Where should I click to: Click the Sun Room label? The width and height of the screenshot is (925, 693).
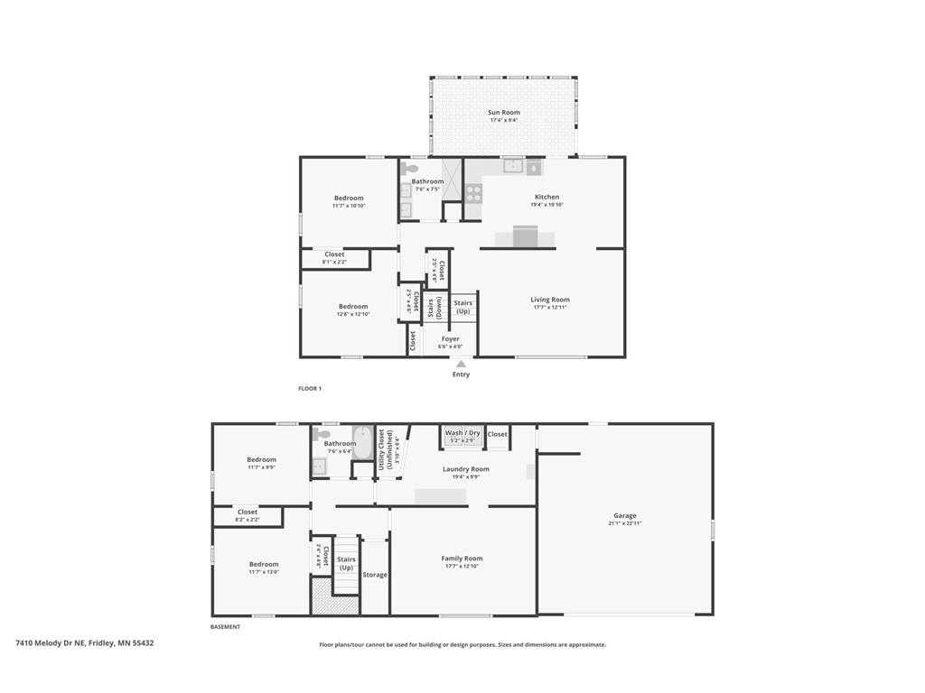[x=504, y=113]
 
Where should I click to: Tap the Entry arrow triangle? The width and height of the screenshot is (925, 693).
[x=461, y=364]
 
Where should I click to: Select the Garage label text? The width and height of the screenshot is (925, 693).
[x=624, y=516]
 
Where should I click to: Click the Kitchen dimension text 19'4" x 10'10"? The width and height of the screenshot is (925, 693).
[x=547, y=205]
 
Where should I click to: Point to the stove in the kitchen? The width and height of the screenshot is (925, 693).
[x=473, y=192]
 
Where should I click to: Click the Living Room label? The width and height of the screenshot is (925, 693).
[x=549, y=300]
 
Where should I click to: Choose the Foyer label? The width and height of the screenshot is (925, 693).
[x=450, y=339]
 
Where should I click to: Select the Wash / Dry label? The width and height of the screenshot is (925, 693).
[x=462, y=433]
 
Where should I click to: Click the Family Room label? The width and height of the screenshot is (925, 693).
[x=462, y=559]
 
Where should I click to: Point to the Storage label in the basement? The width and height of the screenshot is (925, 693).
[x=375, y=575]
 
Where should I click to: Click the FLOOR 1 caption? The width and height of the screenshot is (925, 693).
[x=310, y=389]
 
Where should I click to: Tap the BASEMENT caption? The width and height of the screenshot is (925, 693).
[x=226, y=627]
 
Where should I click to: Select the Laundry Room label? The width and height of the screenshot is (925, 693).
[x=466, y=469]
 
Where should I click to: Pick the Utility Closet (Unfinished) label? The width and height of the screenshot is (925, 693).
[x=386, y=448]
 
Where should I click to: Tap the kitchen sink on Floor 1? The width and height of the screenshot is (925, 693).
[x=513, y=165]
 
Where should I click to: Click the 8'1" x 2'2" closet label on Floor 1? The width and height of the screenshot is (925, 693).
[x=334, y=258]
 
